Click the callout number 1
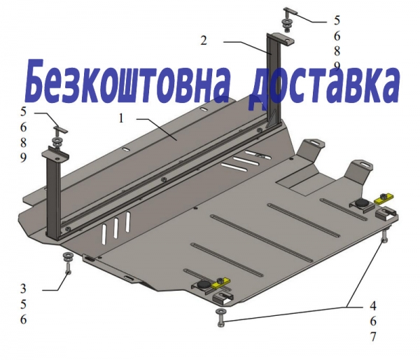[x=121, y=118]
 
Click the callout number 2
[x=204, y=41]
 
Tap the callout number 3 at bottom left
[x=24, y=289]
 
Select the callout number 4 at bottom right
[x=373, y=305]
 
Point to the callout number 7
[x=373, y=337]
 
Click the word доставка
[x=323, y=85]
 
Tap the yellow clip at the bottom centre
[x=220, y=283]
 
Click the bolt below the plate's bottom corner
[x=221, y=318]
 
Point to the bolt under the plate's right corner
[x=384, y=236]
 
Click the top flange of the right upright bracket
[x=281, y=39]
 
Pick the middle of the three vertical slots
[x=116, y=228]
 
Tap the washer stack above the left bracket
[x=57, y=142]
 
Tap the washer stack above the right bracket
[x=287, y=25]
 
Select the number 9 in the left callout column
[x=24, y=158]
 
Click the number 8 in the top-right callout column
[x=337, y=50]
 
